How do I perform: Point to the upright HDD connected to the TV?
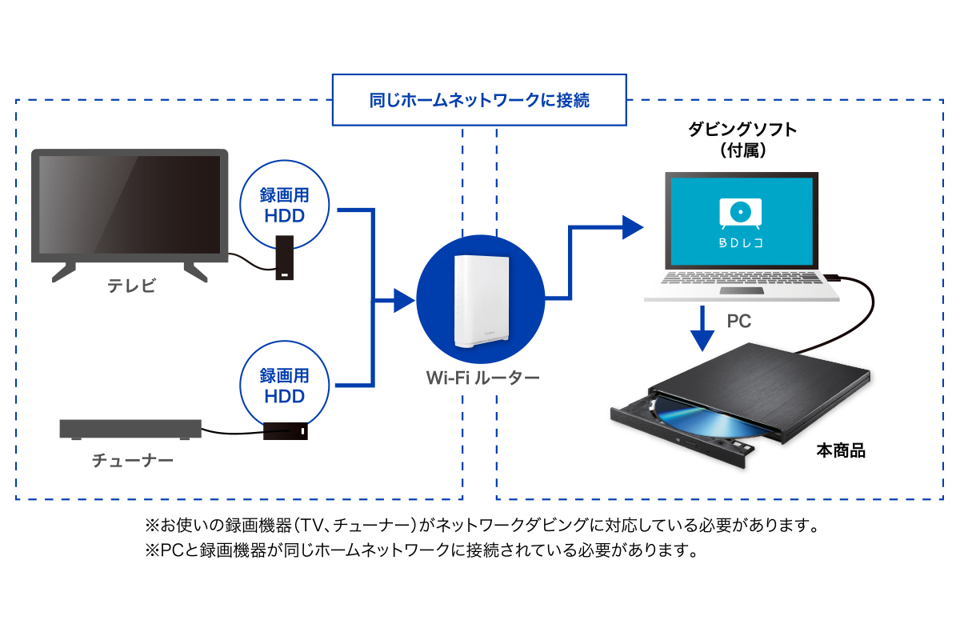(x=286, y=258)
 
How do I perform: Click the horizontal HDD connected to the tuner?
(x=286, y=431)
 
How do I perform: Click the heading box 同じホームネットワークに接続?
(x=479, y=101)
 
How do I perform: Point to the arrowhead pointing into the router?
(x=404, y=302)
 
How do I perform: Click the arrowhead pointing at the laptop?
(x=633, y=227)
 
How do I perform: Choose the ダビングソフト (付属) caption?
(x=743, y=139)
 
